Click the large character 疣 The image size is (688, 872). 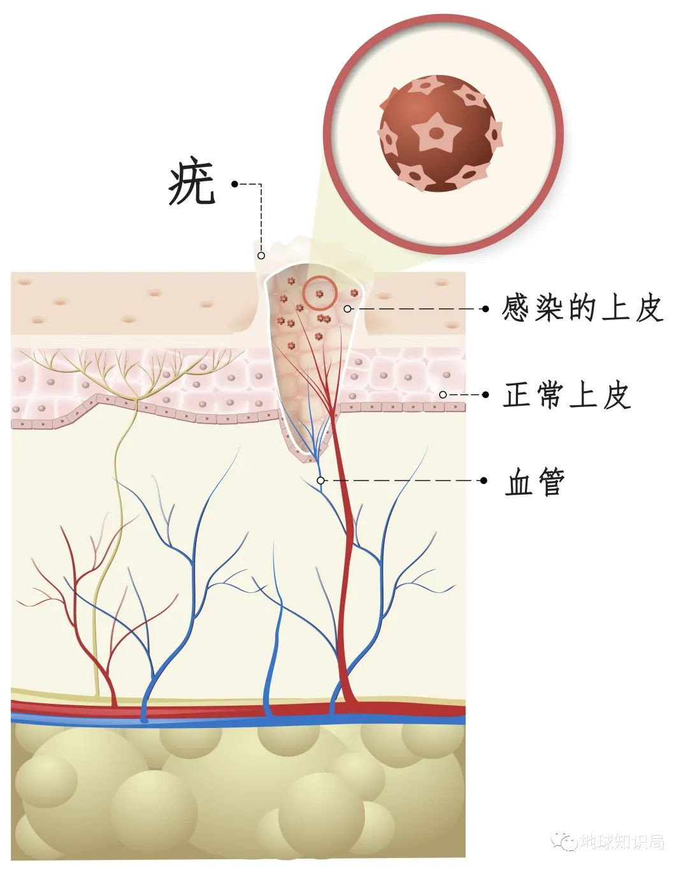(192, 185)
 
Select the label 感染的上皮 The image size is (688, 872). (582, 309)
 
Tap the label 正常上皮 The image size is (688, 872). (566, 395)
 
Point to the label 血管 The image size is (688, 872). (534, 482)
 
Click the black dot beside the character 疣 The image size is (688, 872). (234, 184)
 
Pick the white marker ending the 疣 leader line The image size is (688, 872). (261, 255)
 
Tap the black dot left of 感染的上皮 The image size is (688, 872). (485, 309)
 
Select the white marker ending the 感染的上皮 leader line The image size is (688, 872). (347, 309)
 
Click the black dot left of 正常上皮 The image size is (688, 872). (485, 395)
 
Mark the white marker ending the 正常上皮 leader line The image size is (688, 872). (443, 395)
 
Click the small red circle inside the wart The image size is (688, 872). (319, 293)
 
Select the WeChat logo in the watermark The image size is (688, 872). (565, 842)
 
